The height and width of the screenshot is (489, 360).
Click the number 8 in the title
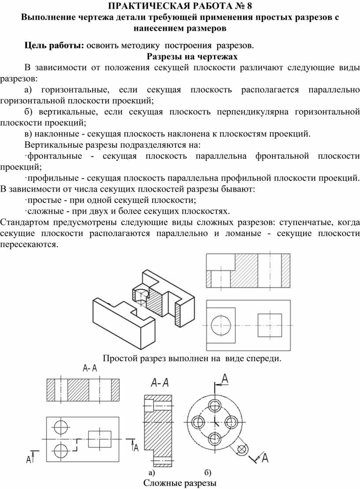point(249,6)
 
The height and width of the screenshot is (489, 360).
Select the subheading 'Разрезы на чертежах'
point(192,56)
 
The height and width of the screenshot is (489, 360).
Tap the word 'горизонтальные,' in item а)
point(75,90)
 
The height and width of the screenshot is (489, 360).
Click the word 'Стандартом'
point(24,222)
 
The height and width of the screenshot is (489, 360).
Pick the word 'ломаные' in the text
point(244,233)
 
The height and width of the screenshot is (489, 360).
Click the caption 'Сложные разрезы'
point(180,483)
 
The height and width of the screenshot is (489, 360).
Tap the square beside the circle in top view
point(270,326)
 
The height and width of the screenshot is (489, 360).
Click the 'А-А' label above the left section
point(90,369)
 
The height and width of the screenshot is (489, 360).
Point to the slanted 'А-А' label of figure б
point(160,382)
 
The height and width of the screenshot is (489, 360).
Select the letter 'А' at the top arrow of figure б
point(225,378)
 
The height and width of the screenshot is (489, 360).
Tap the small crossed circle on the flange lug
point(241,449)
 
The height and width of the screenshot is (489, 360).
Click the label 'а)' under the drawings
point(151,473)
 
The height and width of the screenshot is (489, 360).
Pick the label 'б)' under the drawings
point(208,473)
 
